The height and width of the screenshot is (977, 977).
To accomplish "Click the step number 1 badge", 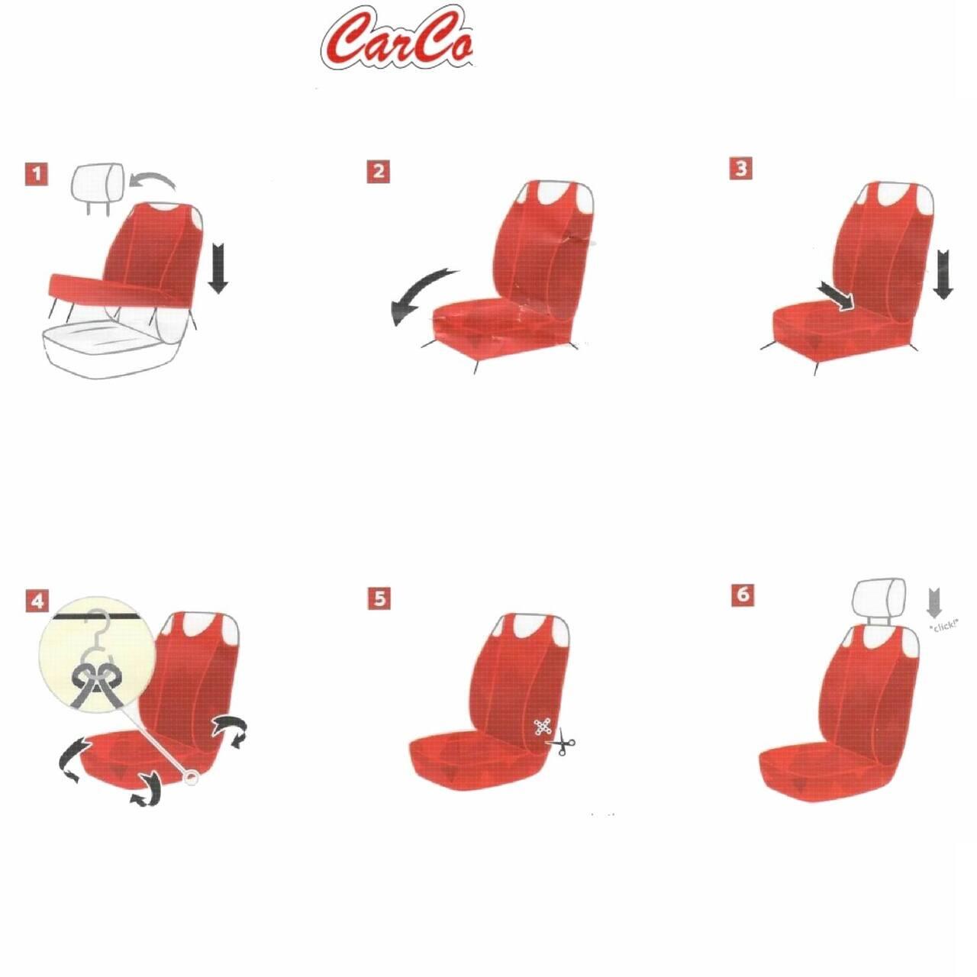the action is tap(37, 174).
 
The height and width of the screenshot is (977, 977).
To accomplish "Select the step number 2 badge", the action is tap(379, 172).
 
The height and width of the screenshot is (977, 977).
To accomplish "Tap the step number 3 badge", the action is tap(740, 169).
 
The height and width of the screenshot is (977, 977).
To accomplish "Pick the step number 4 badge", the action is tap(37, 601).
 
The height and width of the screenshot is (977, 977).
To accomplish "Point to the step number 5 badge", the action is tap(379, 598).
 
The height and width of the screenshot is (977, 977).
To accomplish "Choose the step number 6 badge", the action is tap(743, 594).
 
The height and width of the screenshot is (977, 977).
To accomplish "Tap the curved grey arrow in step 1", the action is tap(152, 180).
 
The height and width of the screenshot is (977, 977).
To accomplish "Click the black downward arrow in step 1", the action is tap(218, 267).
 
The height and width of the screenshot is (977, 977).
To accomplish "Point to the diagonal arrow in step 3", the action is tap(836, 298).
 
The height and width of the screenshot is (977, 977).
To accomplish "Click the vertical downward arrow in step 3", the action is tap(943, 274).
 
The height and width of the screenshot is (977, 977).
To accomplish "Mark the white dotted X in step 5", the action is tap(543, 727).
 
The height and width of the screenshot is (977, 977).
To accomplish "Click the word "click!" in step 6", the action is tap(943, 626).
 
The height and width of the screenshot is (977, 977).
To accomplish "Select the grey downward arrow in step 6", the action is tap(934, 603).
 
